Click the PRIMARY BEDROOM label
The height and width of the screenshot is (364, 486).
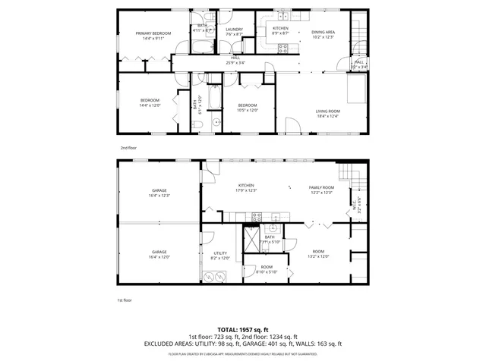[153, 33]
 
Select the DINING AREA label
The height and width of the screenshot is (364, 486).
[323, 32]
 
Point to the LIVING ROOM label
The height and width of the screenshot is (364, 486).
[327, 112]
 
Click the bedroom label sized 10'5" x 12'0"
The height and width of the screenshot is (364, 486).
[248, 105]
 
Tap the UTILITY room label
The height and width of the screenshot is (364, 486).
[220, 253]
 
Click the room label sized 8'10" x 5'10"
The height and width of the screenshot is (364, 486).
[267, 268]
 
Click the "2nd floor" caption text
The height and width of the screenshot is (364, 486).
[128, 148]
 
